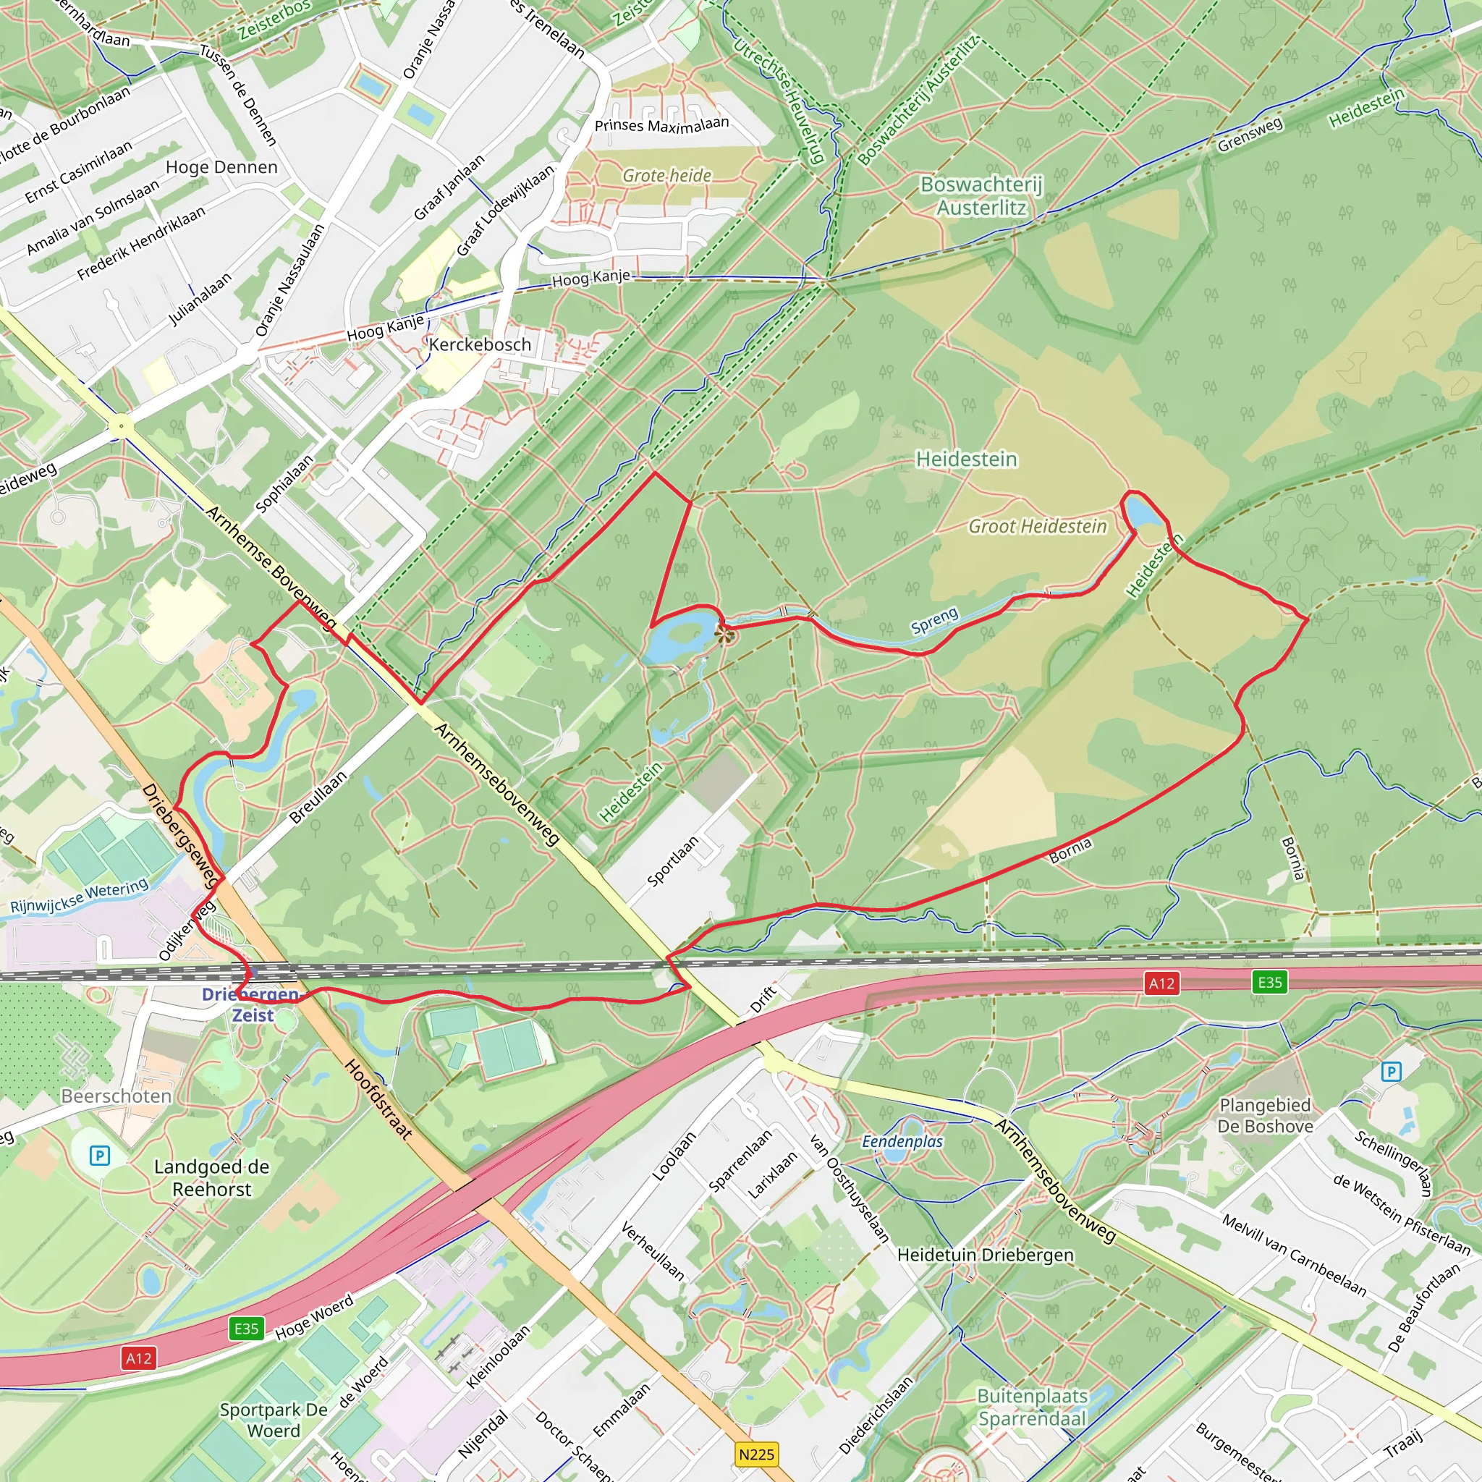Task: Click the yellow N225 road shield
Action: coord(756,1454)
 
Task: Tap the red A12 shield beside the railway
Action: coord(1161,983)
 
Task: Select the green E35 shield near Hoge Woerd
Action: coord(246,1329)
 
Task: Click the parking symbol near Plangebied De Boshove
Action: coord(1391,1072)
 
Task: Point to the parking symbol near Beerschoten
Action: coord(100,1155)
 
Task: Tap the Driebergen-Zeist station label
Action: coord(251,1004)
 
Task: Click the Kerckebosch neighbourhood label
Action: coord(480,344)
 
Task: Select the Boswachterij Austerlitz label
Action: coord(981,195)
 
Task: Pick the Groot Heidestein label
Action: coord(1037,526)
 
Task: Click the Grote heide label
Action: coord(666,176)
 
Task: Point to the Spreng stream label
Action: coord(934,621)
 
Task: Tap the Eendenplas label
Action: coord(902,1141)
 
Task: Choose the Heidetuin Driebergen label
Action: coord(985,1255)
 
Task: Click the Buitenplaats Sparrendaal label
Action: coord(1033,1407)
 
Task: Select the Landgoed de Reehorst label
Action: coord(212,1178)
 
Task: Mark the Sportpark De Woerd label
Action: coord(274,1420)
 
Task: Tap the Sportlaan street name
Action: coord(673,861)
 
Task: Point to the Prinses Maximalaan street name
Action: coord(661,124)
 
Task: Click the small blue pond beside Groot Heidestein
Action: coord(1143,512)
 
